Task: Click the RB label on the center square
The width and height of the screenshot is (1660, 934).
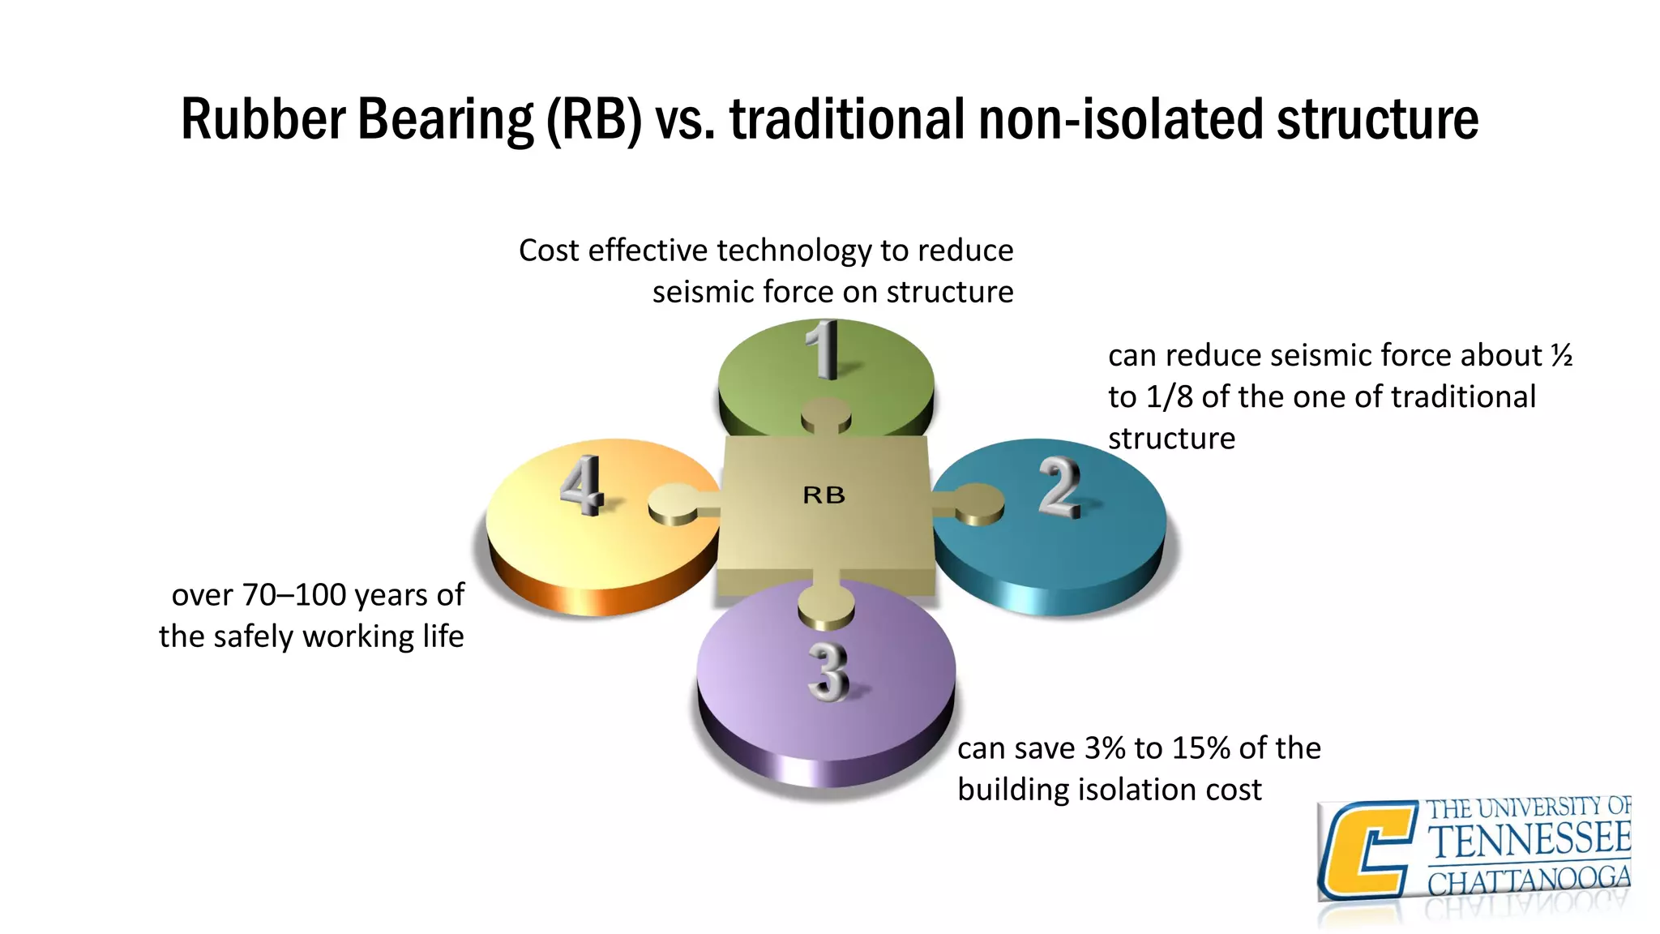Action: [x=824, y=495]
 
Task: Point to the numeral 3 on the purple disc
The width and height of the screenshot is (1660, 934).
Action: [x=828, y=671]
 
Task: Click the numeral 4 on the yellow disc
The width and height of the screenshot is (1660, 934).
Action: [x=581, y=485]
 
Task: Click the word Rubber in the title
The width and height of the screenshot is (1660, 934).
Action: [x=263, y=119]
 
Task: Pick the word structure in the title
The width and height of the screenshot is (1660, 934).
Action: [x=1377, y=119]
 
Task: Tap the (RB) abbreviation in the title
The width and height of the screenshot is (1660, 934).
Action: [x=594, y=119]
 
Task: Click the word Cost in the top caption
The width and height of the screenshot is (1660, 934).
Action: [x=549, y=251]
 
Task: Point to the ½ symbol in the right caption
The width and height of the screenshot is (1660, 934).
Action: [x=1562, y=355]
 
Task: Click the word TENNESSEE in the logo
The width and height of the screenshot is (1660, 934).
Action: [x=1529, y=839]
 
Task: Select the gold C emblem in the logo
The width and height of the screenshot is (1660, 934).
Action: [x=1367, y=850]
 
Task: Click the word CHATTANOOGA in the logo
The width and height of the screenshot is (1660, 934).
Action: [x=1529, y=880]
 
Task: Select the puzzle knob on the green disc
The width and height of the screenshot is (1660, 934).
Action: [x=826, y=414]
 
